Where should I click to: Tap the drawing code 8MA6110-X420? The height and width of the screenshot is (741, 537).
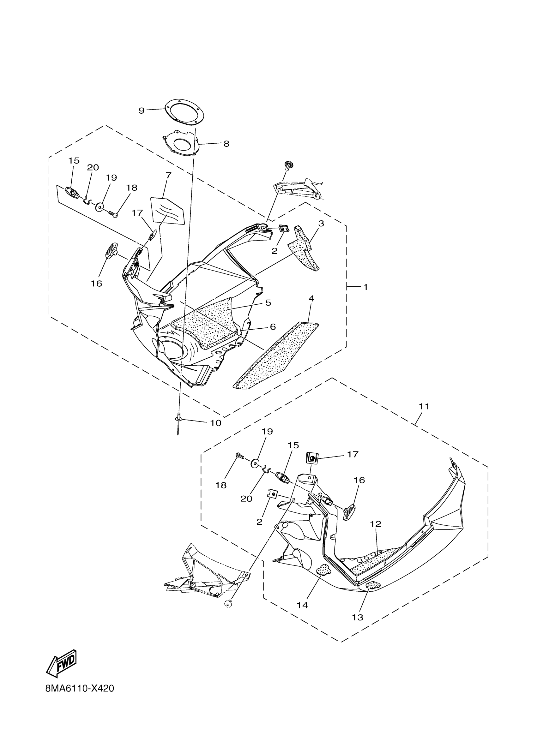coord(80,698)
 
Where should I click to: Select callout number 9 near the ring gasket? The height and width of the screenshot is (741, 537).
coord(142,111)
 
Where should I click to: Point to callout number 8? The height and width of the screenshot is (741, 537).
coord(226,144)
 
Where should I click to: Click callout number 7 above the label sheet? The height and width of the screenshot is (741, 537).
coord(168,176)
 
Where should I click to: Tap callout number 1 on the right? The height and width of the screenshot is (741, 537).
coord(366,287)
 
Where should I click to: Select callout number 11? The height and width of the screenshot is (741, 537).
coord(424,406)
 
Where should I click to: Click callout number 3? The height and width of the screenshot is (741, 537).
coord(321,224)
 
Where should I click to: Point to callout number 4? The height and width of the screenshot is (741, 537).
coord(311,298)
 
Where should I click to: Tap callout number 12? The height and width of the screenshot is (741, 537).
coord(376,524)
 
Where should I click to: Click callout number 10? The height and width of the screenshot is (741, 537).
coord(216,423)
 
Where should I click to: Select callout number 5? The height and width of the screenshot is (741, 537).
coord(268,303)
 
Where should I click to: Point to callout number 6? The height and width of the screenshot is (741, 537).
coord(273,327)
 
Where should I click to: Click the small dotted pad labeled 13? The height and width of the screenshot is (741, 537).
coord(373,585)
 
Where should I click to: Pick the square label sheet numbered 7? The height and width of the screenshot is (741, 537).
coord(167,211)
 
